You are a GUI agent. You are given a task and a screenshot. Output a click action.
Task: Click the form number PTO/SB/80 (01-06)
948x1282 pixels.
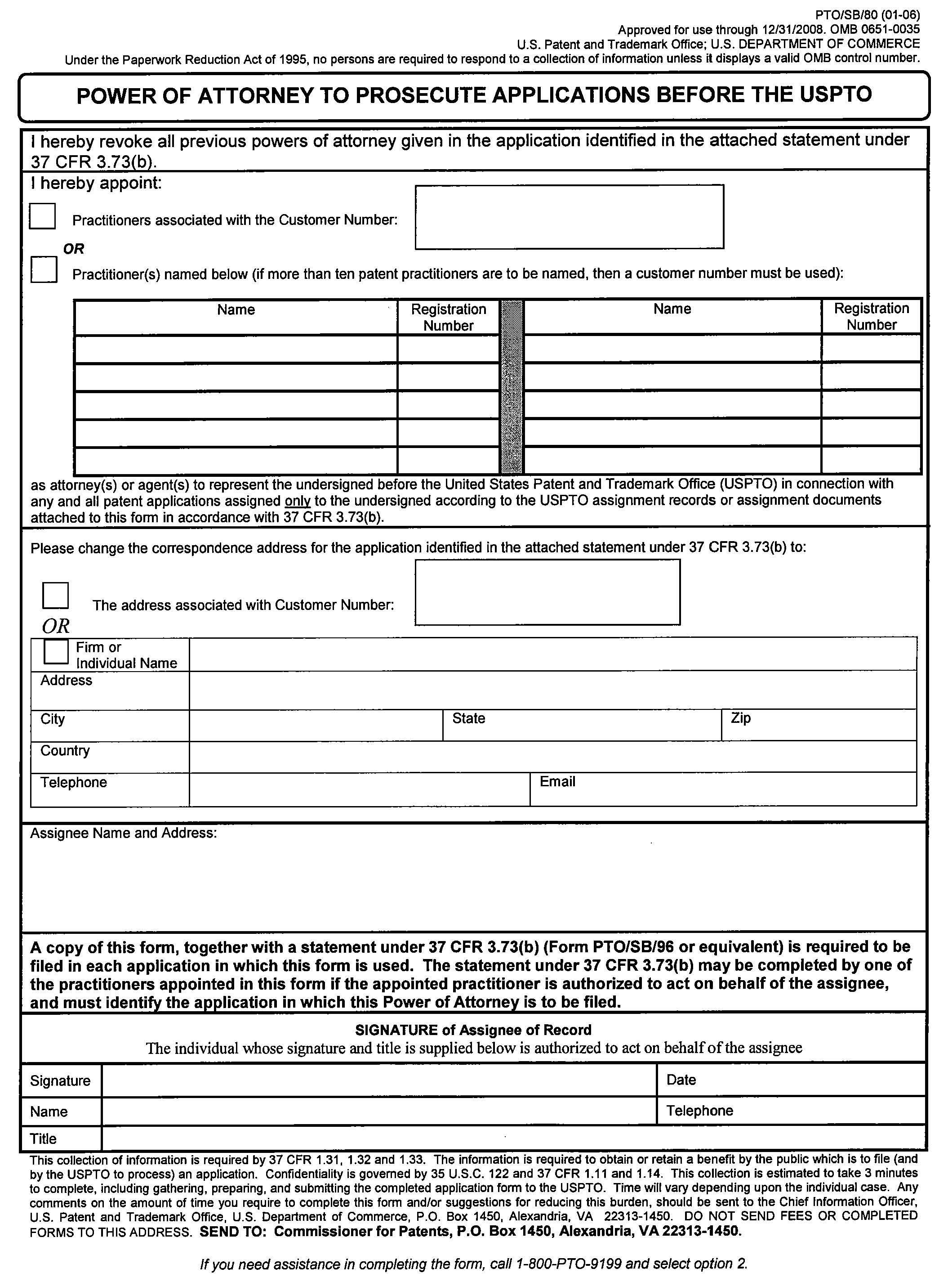(x=867, y=15)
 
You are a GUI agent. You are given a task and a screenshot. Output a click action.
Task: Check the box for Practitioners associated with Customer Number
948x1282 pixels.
(x=42, y=216)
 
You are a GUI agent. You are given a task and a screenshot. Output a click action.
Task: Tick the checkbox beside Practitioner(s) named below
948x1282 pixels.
(x=44, y=269)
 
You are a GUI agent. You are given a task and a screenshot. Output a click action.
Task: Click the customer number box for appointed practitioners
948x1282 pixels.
(x=569, y=217)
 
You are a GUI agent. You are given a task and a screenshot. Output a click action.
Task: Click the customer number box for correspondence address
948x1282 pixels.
(x=547, y=592)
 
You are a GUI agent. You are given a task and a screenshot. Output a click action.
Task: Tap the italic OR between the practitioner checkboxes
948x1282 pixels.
(x=73, y=249)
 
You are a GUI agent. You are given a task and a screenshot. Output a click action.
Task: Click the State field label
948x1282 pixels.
(x=468, y=718)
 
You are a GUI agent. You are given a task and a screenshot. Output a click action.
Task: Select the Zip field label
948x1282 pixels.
(x=740, y=717)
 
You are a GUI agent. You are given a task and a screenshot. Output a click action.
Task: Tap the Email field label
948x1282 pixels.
(x=557, y=781)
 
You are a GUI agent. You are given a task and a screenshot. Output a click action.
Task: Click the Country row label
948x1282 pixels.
(x=65, y=750)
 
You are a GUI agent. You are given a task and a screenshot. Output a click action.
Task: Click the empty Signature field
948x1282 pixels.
(x=379, y=1080)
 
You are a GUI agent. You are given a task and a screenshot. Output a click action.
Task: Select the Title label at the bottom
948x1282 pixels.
(x=43, y=1139)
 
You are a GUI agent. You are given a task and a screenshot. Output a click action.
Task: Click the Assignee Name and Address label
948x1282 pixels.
(x=123, y=833)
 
